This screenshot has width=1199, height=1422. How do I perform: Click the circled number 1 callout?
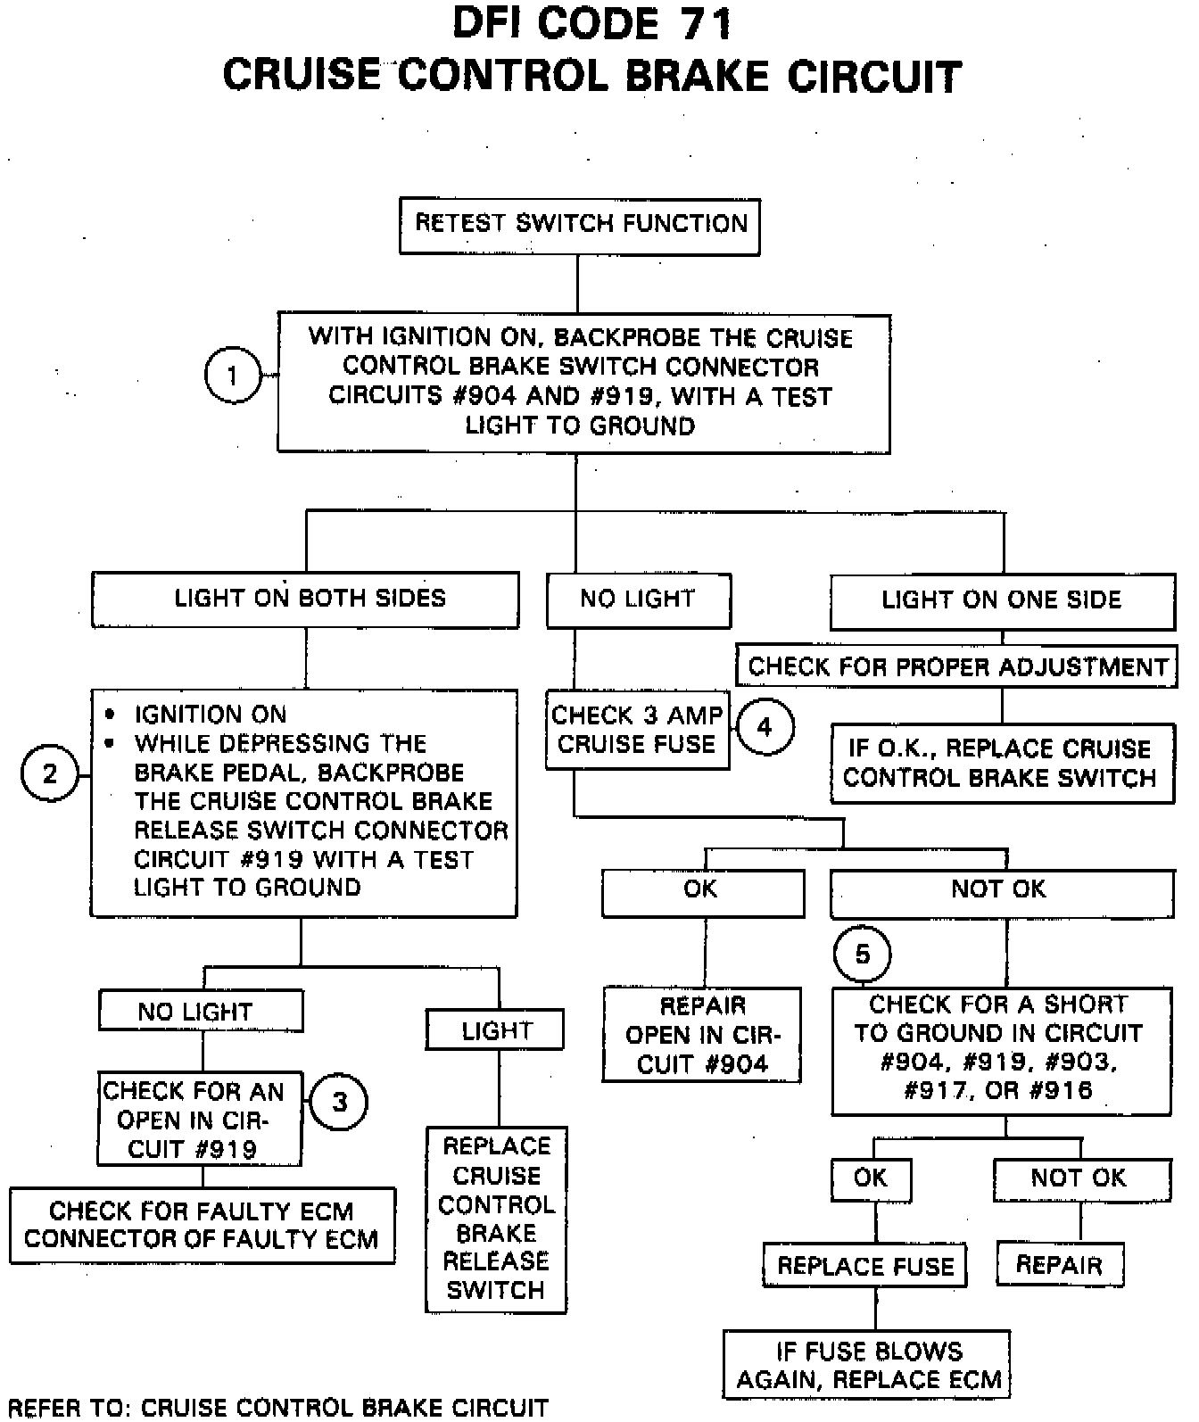[x=233, y=375]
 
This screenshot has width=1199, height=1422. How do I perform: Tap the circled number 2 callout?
[x=50, y=773]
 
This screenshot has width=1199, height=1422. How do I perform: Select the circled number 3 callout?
[x=339, y=1102]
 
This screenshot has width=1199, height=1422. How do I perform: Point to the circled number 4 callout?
[x=765, y=727]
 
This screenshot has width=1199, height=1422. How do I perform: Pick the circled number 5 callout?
[x=862, y=955]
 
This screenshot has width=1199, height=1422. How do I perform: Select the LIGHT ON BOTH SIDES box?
[x=306, y=599]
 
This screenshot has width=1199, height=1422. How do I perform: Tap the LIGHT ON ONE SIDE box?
[x=1002, y=601]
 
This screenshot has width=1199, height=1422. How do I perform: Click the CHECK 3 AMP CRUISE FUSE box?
[x=637, y=730]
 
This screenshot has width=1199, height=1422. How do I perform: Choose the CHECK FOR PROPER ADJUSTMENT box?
[x=956, y=667]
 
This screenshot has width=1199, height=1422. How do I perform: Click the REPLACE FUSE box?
[x=865, y=1266]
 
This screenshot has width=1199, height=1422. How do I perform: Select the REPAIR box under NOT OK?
[x=1059, y=1265]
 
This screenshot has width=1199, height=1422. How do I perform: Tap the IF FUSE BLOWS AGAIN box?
[x=867, y=1365]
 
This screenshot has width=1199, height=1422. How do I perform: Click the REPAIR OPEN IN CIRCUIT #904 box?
[x=702, y=1035]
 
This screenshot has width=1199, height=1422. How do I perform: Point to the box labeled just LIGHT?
[x=495, y=1030]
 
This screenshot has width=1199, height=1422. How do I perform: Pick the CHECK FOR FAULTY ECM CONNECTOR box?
[x=202, y=1225]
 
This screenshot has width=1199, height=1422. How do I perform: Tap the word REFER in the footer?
[x=43, y=1408]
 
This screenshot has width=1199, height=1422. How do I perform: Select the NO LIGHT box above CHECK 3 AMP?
[x=638, y=600]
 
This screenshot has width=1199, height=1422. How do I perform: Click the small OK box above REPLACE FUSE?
[x=871, y=1179]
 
